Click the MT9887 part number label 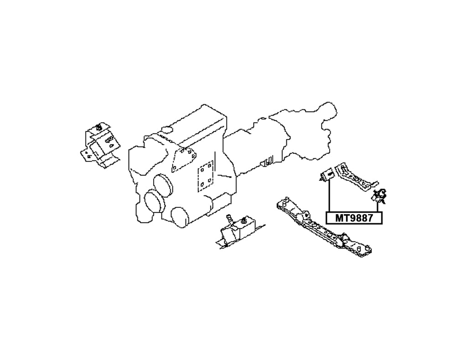[x=354, y=218]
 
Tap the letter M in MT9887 [x=339, y=218]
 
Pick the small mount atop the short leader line [x=379, y=195]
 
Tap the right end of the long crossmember [x=365, y=251]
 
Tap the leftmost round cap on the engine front [x=152, y=203]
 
